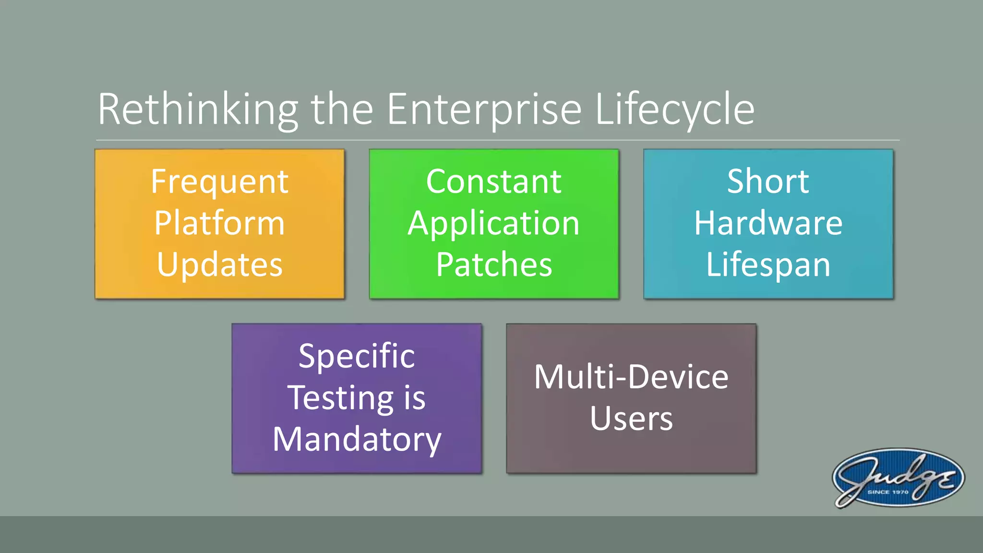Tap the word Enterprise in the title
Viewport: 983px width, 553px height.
pyautogui.click(x=484, y=109)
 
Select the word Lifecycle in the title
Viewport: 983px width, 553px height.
pyautogui.click(x=674, y=109)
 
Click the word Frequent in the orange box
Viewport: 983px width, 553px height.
pyautogui.click(x=220, y=182)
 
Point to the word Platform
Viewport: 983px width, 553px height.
pyautogui.click(x=220, y=223)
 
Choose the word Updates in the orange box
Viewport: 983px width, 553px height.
pyautogui.click(x=220, y=265)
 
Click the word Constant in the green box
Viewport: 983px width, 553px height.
pyautogui.click(x=494, y=182)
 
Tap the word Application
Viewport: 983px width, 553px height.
pyautogui.click(x=494, y=224)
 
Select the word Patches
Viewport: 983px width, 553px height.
pyautogui.click(x=494, y=265)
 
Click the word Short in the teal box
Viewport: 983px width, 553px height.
pyautogui.click(x=768, y=182)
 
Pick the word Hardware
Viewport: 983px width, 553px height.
pyautogui.click(x=768, y=223)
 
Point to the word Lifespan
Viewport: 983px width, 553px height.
pyautogui.click(x=768, y=265)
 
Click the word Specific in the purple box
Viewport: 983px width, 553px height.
pyautogui.click(x=357, y=357)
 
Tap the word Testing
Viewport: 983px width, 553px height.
pyautogui.click(x=340, y=398)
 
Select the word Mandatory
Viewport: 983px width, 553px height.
pyautogui.click(x=357, y=440)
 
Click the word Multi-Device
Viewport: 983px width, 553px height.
pyautogui.click(x=631, y=377)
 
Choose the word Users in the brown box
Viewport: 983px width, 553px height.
pyautogui.click(x=631, y=419)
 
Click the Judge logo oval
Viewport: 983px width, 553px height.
pyautogui.click(x=898, y=478)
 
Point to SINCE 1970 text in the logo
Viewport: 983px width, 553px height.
pyautogui.click(x=887, y=492)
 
